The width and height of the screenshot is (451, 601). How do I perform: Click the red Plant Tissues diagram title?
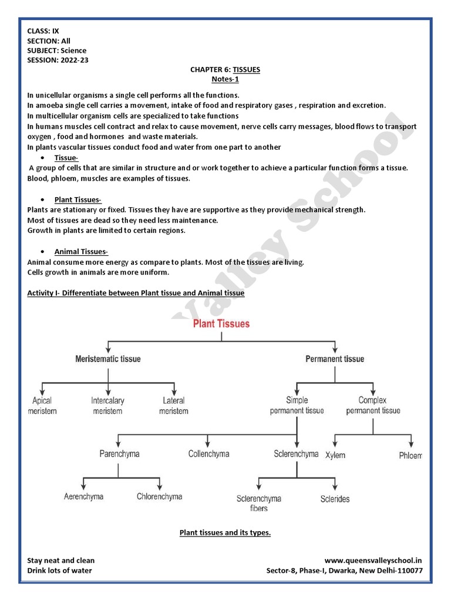(x=221, y=323)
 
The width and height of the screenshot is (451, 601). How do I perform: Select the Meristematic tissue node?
(x=108, y=359)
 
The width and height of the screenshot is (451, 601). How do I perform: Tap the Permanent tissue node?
(x=335, y=359)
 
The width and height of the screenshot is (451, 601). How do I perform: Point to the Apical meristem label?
(x=42, y=406)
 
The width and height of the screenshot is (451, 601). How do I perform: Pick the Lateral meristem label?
(x=173, y=406)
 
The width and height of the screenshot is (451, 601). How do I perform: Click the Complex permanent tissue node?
(x=373, y=406)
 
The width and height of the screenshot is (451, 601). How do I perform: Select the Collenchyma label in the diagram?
(x=208, y=454)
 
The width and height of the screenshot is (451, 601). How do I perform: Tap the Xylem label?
(x=336, y=455)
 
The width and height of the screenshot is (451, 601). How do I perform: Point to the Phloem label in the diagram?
(x=410, y=455)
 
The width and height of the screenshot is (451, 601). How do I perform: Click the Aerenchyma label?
(x=83, y=497)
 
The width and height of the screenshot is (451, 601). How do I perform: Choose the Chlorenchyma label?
(x=159, y=497)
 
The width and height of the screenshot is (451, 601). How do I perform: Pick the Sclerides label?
(x=335, y=499)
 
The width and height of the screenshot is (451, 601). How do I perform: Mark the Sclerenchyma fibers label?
(x=258, y=504)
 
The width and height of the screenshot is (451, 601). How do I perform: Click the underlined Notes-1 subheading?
(x=225, y=79)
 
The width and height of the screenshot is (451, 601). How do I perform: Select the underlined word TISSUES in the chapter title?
(x=246, y=69)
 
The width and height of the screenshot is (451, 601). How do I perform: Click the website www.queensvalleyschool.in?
(x=373, y=561)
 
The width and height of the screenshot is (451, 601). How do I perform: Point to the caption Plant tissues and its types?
(x=225, y=533)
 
